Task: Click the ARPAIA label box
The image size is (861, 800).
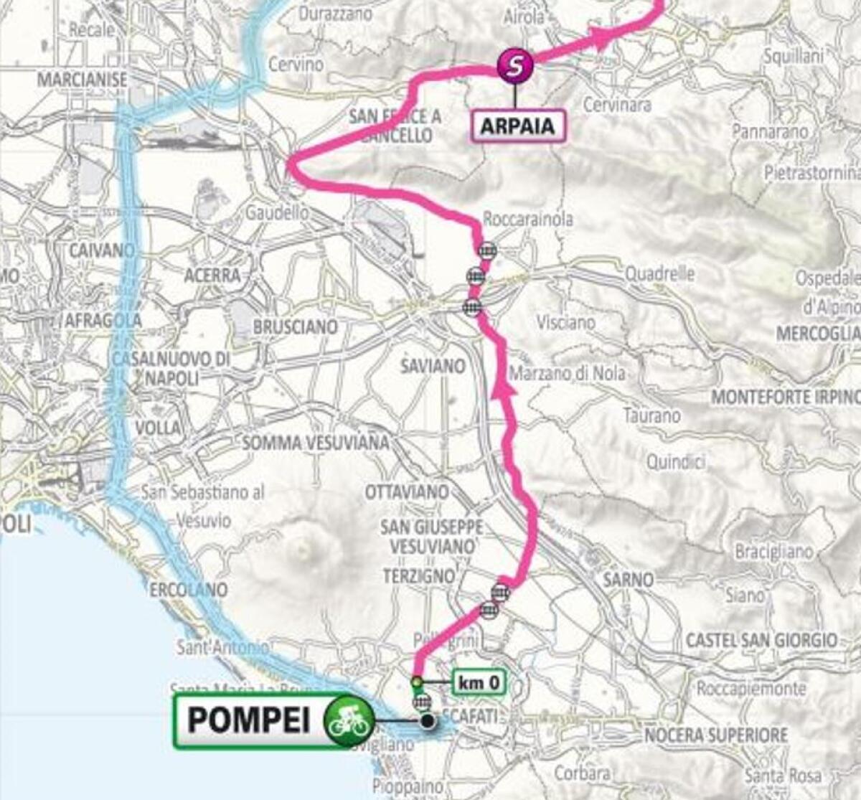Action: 517,126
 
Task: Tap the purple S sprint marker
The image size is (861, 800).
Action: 514,66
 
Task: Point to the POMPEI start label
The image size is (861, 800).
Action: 249,720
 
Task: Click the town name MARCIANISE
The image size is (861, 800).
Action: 82,79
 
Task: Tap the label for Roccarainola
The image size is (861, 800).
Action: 528,219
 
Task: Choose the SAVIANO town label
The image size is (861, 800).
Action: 433,367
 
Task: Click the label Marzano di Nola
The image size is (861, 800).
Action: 567,374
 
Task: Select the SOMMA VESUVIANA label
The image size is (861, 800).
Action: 316,443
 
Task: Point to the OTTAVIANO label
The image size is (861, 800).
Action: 407,492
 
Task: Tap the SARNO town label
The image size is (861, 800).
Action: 629,579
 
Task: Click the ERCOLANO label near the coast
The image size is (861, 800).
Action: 189,590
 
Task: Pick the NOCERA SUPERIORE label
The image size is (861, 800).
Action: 715,735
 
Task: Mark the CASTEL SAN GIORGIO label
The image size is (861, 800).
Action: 761,639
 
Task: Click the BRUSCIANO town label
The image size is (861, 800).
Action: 295,327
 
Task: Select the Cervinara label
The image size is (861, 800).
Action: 617,105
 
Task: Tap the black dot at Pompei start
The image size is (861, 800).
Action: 428,721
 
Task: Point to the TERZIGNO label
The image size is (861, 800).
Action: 419,576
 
